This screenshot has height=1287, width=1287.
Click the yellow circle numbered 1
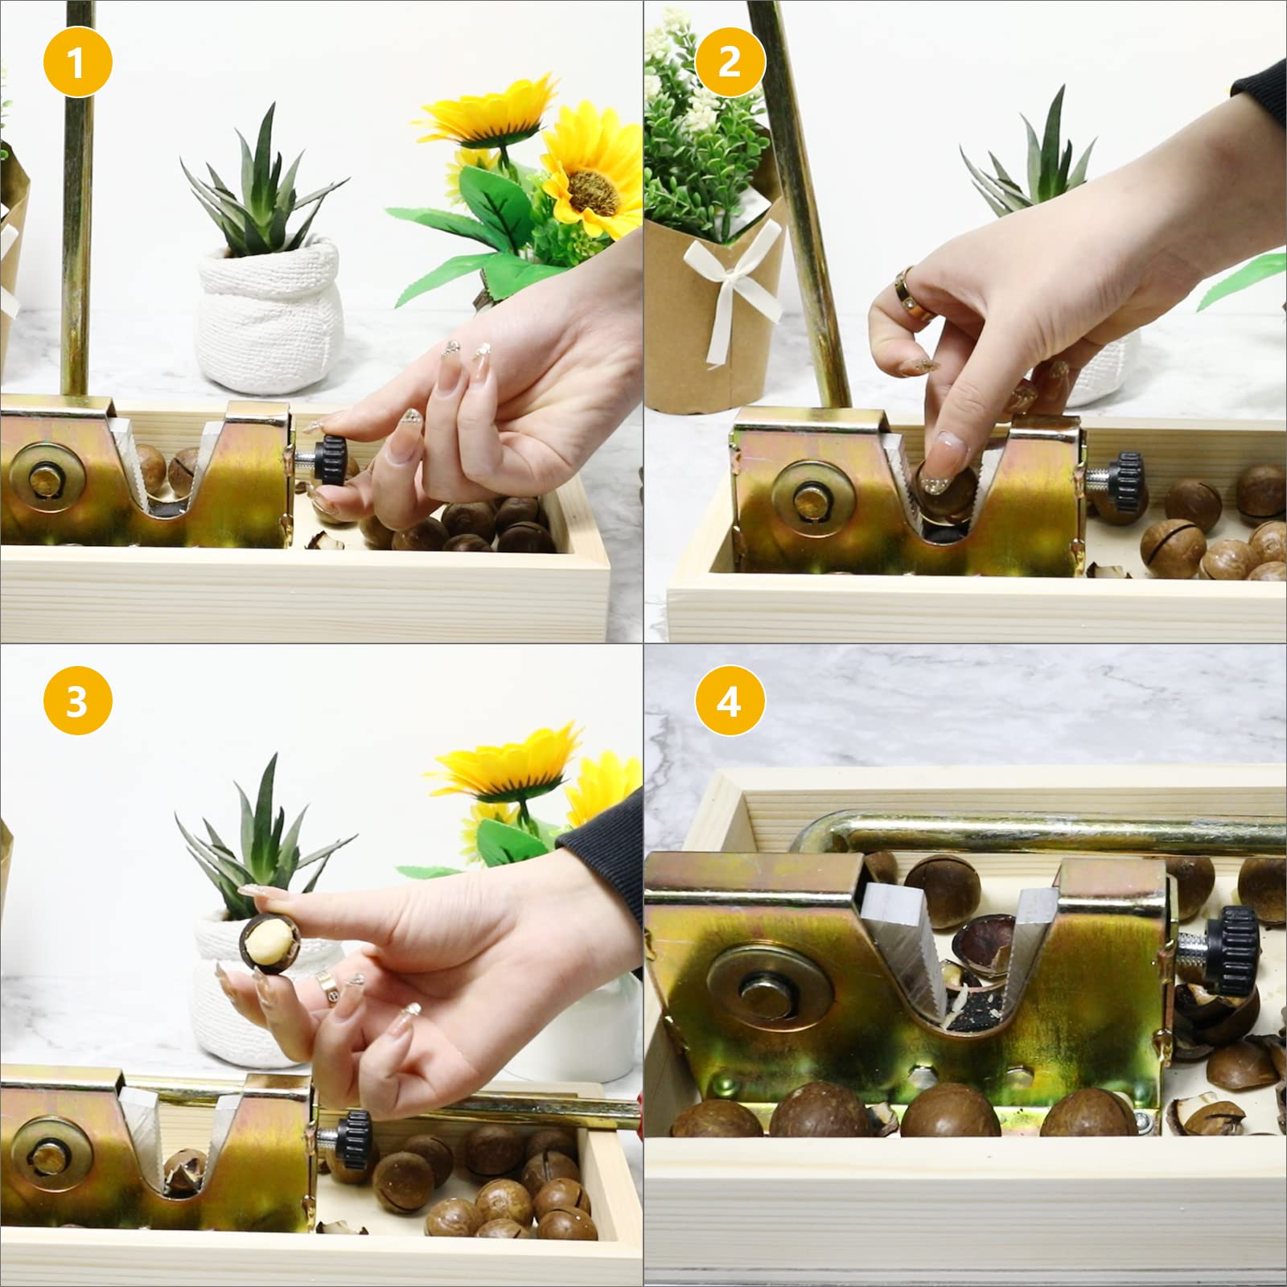click(x=76, y=62)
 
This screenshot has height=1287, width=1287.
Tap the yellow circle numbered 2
click(x=729, y=62)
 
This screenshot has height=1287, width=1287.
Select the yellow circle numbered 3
click(x=76, y=701)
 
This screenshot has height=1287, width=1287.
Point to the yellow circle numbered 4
click(x=729, y=701)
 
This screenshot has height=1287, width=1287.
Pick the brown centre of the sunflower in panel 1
click(x=592, y=195)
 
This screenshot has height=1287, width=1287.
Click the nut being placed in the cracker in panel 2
click(x=946, y=497)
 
